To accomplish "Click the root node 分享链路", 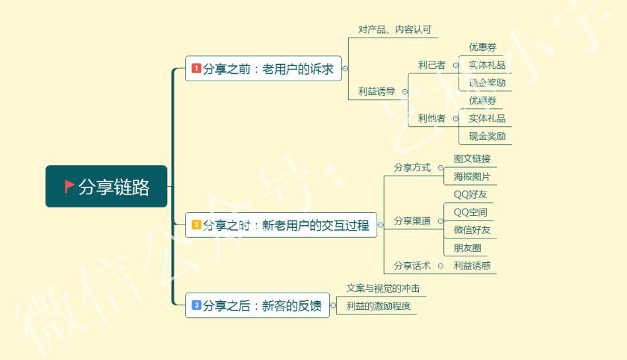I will (x=106, y=187).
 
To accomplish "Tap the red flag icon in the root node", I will (x=69, y=186).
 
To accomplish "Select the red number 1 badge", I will (x=196, y=68).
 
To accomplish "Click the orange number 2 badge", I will (x=196, y=225).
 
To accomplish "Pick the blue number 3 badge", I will (x=196, y=305).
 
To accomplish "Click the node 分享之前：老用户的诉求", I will (x=263, y=69).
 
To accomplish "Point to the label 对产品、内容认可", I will (x=394, y=30).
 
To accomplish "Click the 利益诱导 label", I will (x=377, y=92).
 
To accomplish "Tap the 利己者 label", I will (x=431, y=65).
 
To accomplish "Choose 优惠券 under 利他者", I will (x=482, y=100).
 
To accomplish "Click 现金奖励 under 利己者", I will (x=487, y=83).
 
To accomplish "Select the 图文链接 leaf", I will (x=472, y=159).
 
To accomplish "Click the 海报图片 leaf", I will (x=472, y=176).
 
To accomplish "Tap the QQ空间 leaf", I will (x=470, y=212).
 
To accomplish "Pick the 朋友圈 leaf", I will (x=467, y=248).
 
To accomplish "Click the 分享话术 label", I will (x=412, y=266).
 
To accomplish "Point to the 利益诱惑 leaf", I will (x=472, y=266).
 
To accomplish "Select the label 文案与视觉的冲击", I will (x=383, y=289).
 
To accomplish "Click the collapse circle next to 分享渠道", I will (x=440, y=221).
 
